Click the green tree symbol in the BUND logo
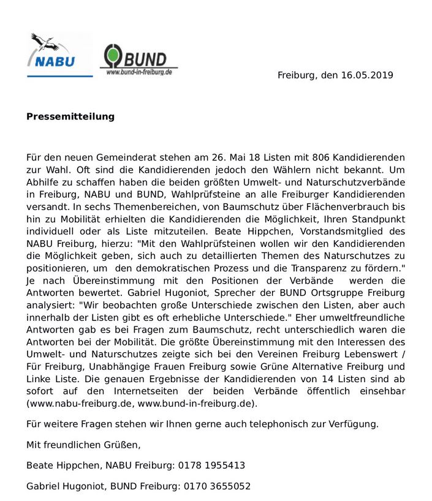point(112,56)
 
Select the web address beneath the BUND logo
point(139,73)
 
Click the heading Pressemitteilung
point(70,116)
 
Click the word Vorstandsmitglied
point(346,231)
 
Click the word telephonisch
point(286,424)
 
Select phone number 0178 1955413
point(212,465)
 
